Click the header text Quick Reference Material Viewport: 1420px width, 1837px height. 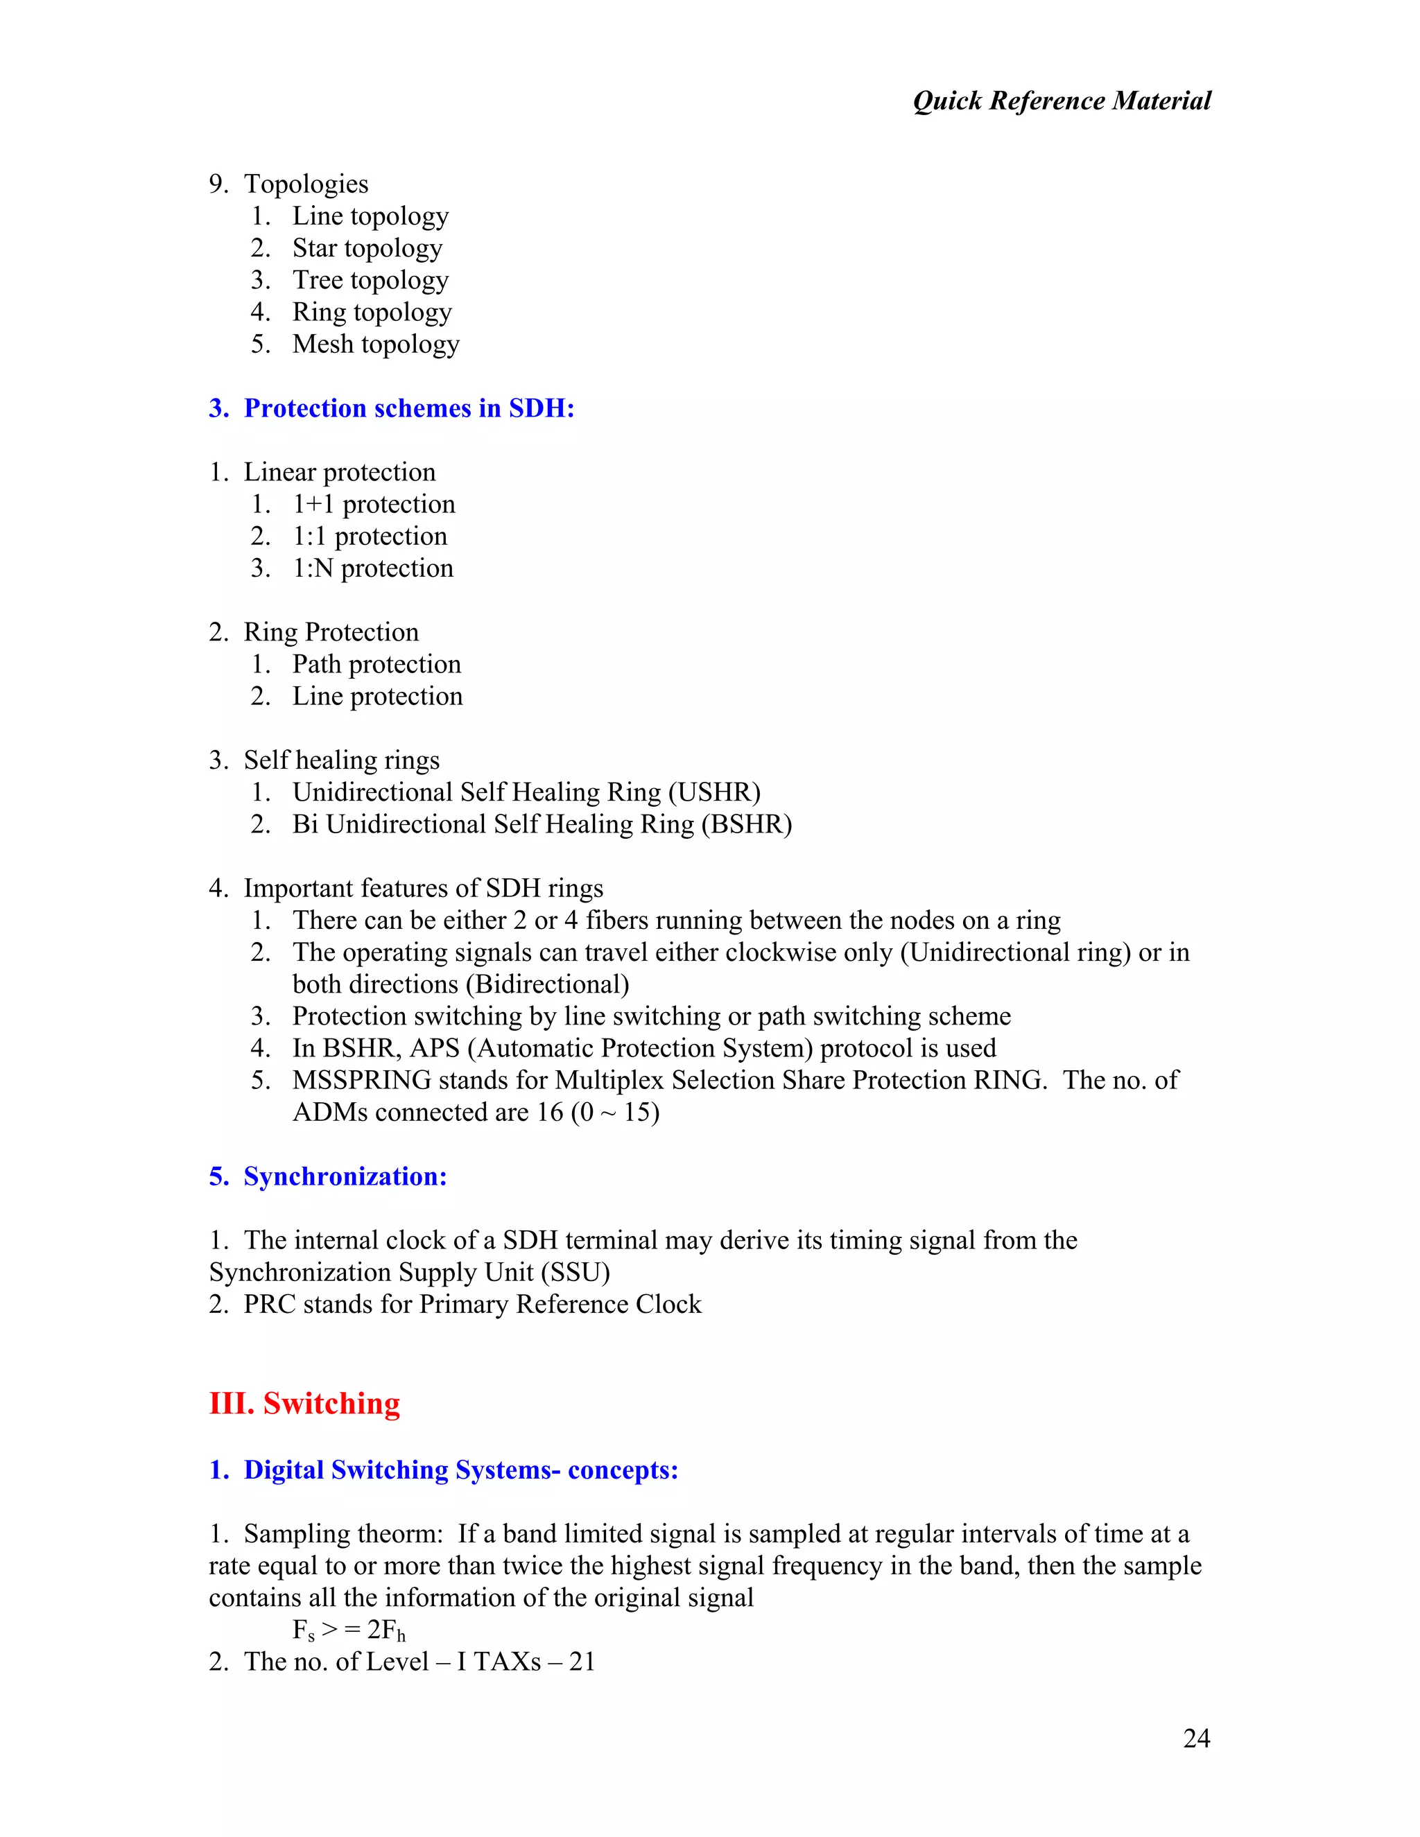(1061, 101)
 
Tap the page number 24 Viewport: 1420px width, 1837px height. (1195, 1738)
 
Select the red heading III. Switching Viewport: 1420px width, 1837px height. (304, 1403)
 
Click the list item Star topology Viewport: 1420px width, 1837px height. (367, 248)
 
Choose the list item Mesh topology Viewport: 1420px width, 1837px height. (375, 344)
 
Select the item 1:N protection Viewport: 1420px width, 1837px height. (372, 568)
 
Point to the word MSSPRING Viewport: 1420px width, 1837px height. (362, 1080)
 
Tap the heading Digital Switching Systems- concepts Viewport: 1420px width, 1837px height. (460, 1470)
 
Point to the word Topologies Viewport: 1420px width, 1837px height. (306, 184)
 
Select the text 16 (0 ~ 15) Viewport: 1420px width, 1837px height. (597, 1112)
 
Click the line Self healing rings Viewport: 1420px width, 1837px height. (342, 760)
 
